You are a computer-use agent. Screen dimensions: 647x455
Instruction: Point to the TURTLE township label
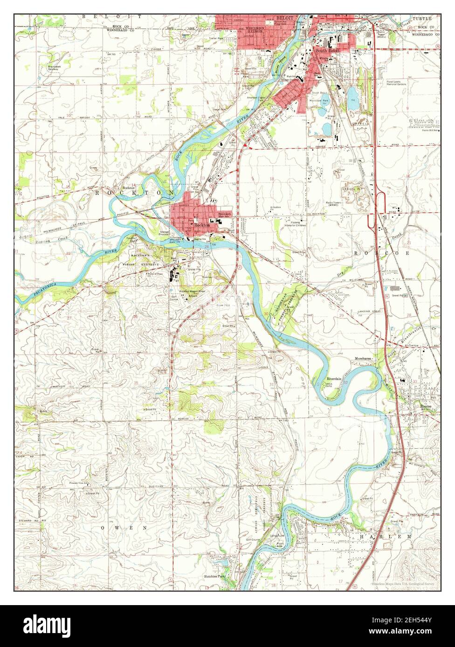point(421,18)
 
